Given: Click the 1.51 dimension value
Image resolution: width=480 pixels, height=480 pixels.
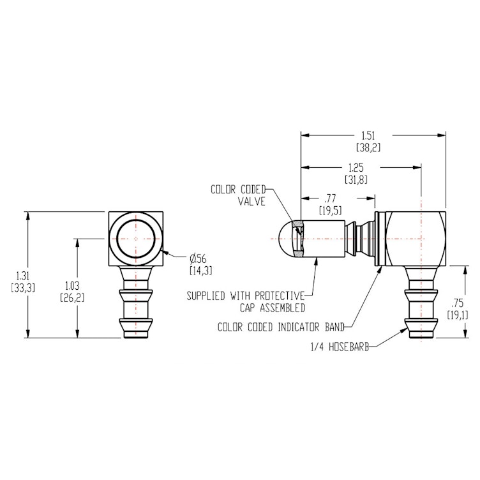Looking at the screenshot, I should [368, 135].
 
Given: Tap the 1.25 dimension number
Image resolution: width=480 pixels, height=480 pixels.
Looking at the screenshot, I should [357, 167].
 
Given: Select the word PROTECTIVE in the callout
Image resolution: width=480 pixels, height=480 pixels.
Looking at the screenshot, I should [276, 296].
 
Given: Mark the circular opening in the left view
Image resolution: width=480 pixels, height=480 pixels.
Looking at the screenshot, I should [137, 238].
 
